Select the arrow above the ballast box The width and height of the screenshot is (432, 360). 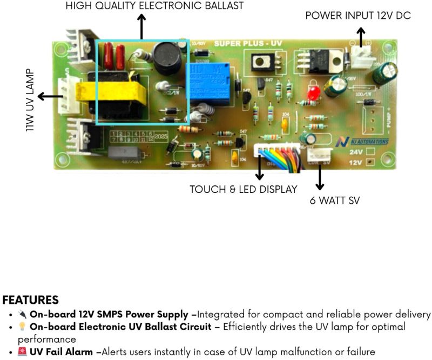click(x=141, y=26)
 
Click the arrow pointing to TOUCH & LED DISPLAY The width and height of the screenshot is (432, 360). click(x=259, y=168)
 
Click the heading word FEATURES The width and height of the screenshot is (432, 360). click(x=30, y=300)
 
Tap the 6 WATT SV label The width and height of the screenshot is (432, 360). click(x=334, y=201)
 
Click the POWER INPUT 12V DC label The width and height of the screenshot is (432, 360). click(x=358, y=16)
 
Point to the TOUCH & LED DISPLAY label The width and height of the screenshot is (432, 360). click(x=243, y=190)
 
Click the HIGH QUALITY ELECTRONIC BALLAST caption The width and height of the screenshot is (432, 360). click(x=154, y=6)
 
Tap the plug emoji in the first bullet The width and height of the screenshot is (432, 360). click(x=22, y=314)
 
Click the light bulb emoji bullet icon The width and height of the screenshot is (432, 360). click(x=22, y=326)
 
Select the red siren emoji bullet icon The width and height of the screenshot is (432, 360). click(x=22, y=352)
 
